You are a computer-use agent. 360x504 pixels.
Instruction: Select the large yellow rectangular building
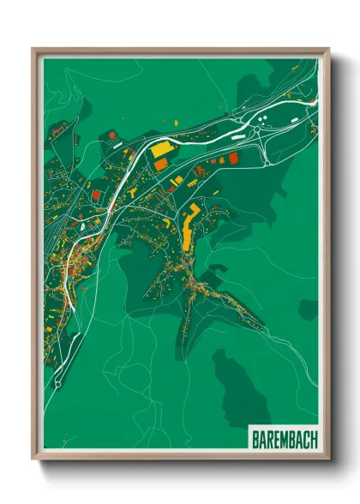(162, 150)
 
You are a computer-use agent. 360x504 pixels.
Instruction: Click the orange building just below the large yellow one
(160, 164)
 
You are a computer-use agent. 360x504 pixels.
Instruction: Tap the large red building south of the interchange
(230, 158)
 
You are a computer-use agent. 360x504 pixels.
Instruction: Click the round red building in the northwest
(111, 135)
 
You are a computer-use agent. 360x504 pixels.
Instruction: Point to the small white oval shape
(83, 227)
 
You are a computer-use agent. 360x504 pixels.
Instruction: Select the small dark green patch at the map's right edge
(308, 309)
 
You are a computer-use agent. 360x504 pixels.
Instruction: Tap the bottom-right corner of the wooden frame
(328, 459)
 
